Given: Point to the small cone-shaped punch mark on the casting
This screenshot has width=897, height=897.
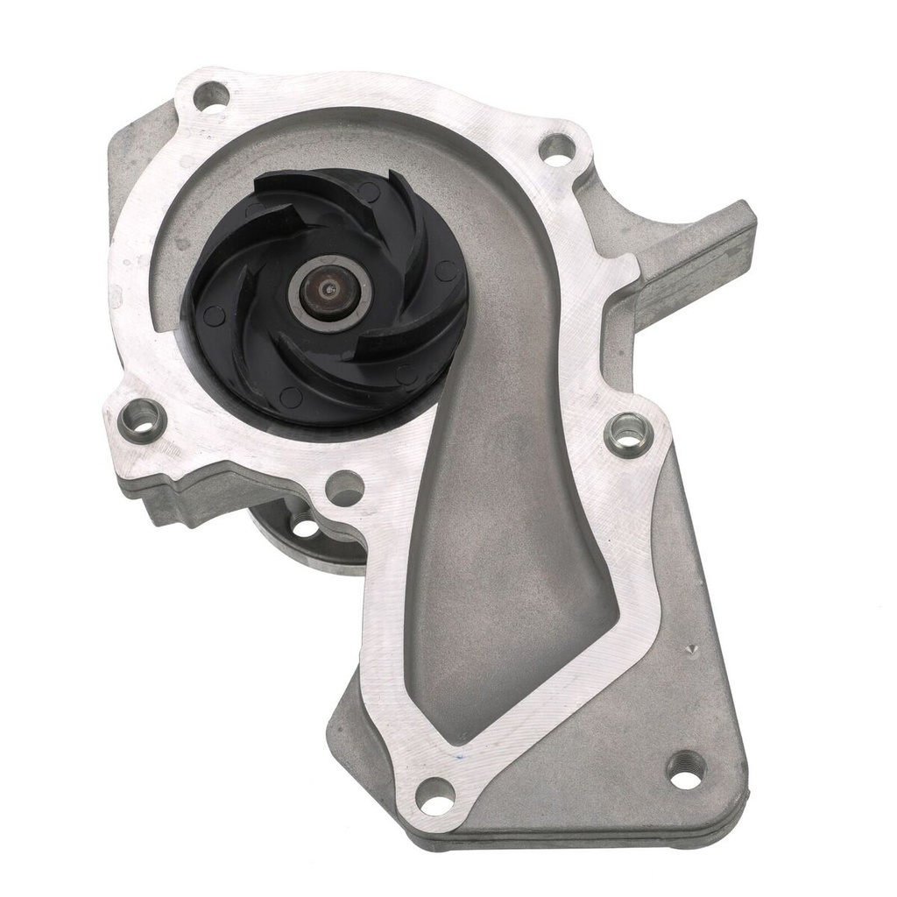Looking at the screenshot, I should [x=692, y=649].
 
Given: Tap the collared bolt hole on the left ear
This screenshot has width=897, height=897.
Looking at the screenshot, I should [x=142, y=420].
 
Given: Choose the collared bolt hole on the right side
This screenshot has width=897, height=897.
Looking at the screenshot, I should [x=628, y=433].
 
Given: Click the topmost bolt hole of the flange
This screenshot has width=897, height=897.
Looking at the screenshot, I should [x=210, y=95].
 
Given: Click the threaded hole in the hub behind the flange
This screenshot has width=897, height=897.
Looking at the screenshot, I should [x=305, y=527].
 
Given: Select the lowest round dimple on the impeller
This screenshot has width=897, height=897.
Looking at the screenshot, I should [x=291, y=397].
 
